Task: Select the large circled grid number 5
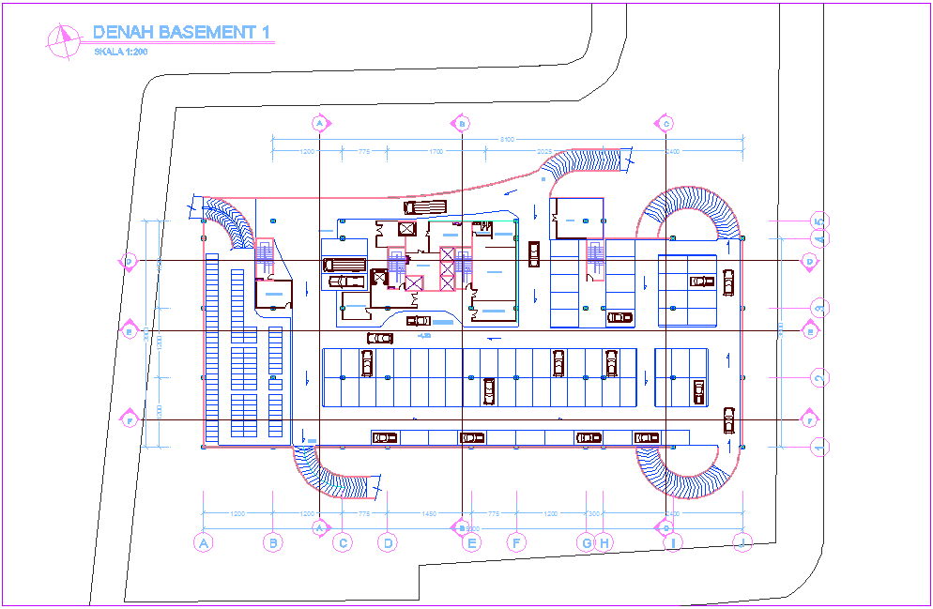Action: [x=819, y=221]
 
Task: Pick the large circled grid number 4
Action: [x=819, y=240]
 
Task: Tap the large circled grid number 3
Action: [x=819, y=308]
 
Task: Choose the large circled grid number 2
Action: [x=819, y=377]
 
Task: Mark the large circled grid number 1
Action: [x=819, y=447]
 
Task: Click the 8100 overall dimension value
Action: [x=507, y=140]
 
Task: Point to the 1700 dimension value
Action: [x=436, y=151]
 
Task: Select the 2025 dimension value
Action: [x=544, y=151]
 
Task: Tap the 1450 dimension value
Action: [x=429, y=514]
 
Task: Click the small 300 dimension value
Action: [x=593, y=514]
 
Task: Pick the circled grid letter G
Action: [x=587, y=541]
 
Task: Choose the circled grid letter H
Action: [x=604, y=541]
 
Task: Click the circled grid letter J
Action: [x=743, y=541]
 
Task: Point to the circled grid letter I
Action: [x=673, y=541]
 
